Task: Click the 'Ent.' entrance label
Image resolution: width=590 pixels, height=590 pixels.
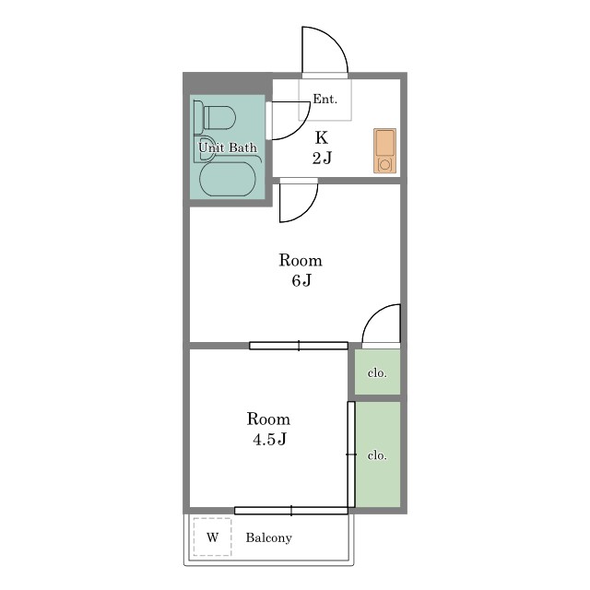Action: point(325,99)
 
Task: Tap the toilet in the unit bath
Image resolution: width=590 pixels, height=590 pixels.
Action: point(215,117)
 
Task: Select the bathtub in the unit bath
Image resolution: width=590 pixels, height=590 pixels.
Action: point(228,179)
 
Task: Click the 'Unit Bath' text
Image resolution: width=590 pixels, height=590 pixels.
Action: point(228,147)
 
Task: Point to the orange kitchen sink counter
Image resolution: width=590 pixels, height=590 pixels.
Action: point(384,151)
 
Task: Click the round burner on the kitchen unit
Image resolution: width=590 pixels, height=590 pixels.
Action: point(384,164)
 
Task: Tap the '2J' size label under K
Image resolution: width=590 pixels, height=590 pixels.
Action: point(322,158)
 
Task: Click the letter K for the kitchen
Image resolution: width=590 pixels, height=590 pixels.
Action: point(322,137)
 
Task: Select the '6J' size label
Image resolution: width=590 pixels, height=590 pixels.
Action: point(301,280)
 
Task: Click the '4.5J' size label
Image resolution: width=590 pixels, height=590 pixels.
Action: point(269,439)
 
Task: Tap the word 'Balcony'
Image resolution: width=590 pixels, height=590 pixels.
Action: point(268,537)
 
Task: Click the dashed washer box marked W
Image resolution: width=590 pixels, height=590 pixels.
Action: point(212,537)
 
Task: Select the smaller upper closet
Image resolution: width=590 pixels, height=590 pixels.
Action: point(377,372)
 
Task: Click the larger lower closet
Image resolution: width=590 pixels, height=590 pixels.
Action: point(378,454)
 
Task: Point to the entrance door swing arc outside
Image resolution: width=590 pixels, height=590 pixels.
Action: point(336,39)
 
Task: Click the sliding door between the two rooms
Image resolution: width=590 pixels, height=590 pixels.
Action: point(299,346)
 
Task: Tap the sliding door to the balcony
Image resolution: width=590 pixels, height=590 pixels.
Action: point(291,511)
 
